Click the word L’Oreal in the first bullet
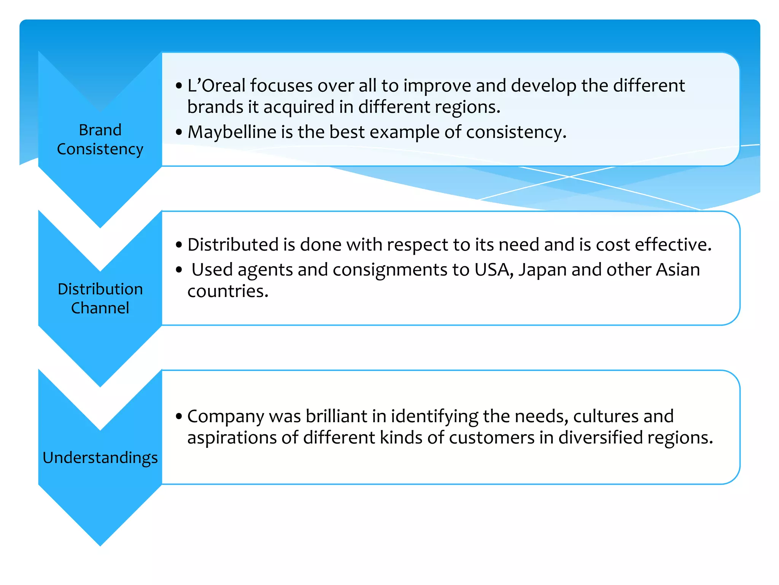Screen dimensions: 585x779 [216, 86]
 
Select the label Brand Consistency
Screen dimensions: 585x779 [100, 139]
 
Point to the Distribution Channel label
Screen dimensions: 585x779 [100, 298]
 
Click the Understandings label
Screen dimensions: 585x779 [100, 457]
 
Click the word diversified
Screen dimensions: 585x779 [601, 438]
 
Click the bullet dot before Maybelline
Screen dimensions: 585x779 [179, 133]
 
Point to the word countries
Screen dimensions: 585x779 [227, 292]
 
